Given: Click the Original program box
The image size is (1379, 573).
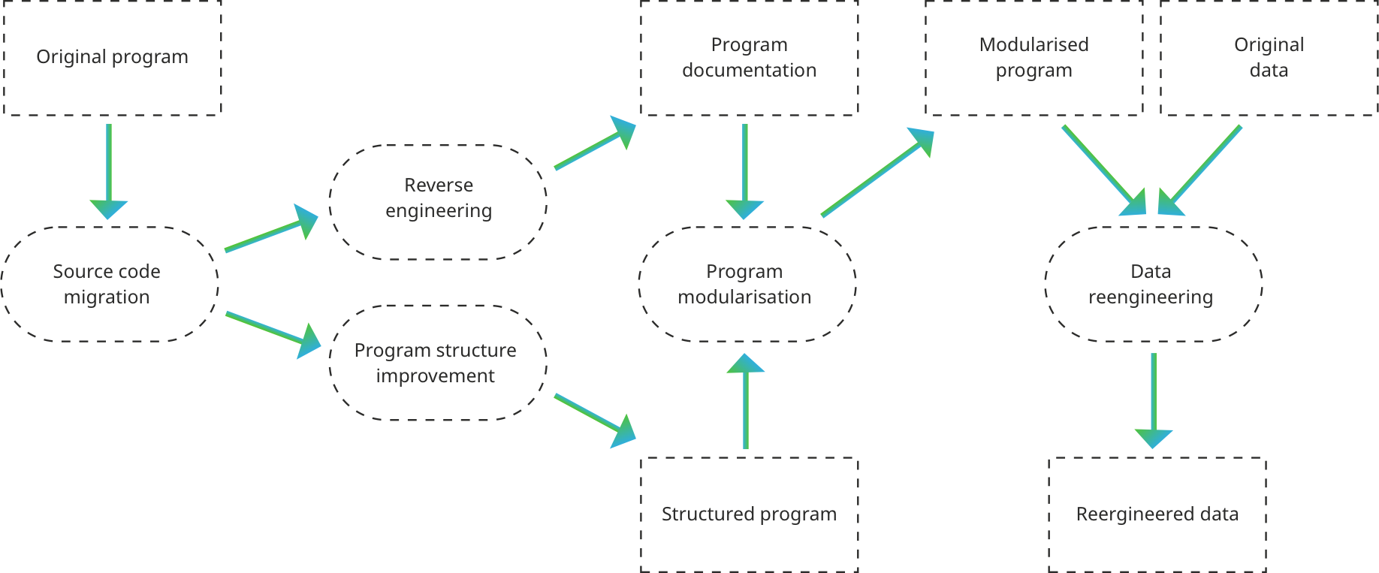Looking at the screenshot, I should coord(113,58).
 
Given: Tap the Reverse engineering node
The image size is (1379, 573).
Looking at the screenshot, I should coord(439,201).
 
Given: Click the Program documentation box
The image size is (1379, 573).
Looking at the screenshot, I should coord(749,58).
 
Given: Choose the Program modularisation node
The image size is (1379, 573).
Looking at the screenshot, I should coord(747,284).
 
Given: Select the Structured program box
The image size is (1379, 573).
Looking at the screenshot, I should coord(749,514).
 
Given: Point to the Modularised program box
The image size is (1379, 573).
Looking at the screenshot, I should coord(1033,58).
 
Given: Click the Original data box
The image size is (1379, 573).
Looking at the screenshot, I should coord(1269,58).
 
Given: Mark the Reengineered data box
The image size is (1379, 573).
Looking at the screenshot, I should coord(1157,514).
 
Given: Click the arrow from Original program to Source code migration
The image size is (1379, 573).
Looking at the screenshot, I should coord(109,169).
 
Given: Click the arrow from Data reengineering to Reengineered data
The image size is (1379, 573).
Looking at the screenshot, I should coord(1154,398).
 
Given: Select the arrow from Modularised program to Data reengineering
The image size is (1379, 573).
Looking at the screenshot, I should coord(1103,169).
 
